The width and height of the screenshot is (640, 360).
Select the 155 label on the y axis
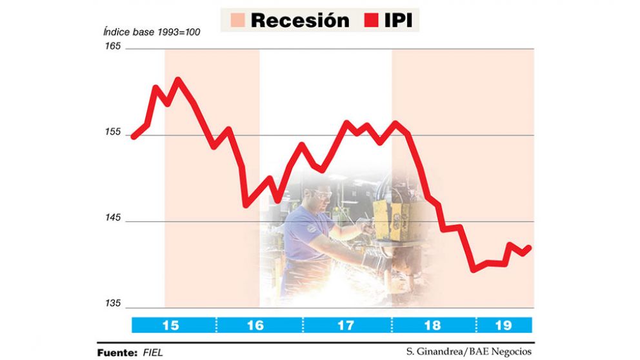pyautogui.click(x=114, y=132)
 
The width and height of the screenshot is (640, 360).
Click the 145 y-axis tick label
pyautogui.click(x=114, y=218)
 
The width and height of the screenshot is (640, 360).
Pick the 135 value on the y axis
pyautogui.click(x=114, y=304)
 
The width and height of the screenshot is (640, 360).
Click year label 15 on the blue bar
pyautogui.click(x=171, y=325)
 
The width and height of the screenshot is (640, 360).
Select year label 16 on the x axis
pyautogui.click(x=255, y=325)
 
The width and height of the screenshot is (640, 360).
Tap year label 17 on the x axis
pyautogui.click(x=345, y=325)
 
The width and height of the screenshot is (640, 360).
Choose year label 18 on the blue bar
pyautogui.click(x=434, y=325)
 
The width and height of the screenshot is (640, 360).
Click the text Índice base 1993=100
pyautogui.click(x=151, y=32)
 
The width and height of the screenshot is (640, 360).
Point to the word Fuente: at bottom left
pyautogui.click(x=117, y=353)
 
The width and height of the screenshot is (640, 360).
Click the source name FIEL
pyautogui.click(x=153, y=353)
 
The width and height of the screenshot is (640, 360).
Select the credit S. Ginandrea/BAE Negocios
pyautogui.click(x=469, y=352)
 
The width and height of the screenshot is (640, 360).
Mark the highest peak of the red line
pyautogui.click(x=177, y=80)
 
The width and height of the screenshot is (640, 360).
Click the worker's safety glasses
pyautogui.click(x=321, y=193)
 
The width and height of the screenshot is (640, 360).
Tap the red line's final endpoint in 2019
pyautogui.click(x=530, y=247)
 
